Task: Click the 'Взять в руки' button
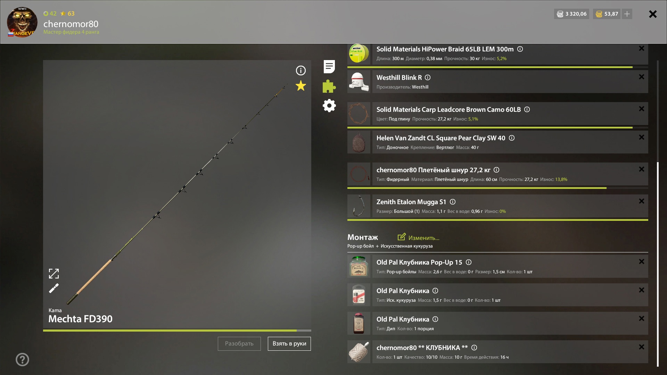coord(289,343)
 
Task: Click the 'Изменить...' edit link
coord(418,237)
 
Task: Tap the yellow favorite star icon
coord(301,86)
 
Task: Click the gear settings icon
coord(329,106)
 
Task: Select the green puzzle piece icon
coord(329,86)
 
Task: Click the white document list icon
coord(329,67)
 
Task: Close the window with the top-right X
coord(653,14)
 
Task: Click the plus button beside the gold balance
coord(627,14)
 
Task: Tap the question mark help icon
coord(22,359)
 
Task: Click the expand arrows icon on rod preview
coord(54,274)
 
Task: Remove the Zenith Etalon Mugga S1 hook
coord(642,201)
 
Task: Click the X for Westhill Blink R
coord(642,77)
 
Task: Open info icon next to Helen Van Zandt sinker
coord(512,138)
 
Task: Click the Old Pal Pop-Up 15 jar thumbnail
coord(359,266)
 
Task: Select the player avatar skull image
coord(22,22)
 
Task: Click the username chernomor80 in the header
coord(71,24)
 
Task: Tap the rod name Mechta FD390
coord(80,319)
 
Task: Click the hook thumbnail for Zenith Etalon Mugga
coord(359,206)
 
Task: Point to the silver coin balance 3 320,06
coord(571,14)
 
